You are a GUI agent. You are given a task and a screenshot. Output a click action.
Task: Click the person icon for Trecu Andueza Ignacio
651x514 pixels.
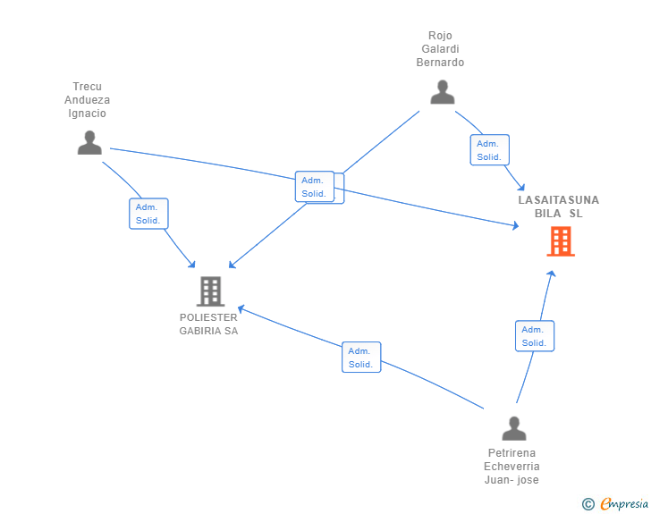coord(89,142)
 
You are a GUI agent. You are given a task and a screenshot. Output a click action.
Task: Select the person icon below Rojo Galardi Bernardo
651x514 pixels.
coord(443,92)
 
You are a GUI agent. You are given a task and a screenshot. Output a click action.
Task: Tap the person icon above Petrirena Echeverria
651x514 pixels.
coord(514,428)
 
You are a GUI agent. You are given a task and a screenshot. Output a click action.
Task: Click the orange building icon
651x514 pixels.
coord(561,241)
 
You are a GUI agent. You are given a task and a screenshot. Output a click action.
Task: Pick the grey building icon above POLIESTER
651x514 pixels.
coord(210,291)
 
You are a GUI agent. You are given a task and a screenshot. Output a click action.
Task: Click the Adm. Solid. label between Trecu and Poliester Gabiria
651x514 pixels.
coord(148,214)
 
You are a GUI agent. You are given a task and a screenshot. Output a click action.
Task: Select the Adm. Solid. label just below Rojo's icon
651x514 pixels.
coord(489,150)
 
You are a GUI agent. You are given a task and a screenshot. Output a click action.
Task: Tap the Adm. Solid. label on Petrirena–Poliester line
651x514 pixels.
coord(361,357)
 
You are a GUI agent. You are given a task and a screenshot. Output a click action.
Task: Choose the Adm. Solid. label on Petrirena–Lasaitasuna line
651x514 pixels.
coord(535,336)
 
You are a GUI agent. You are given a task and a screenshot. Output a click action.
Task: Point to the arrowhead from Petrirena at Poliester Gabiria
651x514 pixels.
coord(241,309)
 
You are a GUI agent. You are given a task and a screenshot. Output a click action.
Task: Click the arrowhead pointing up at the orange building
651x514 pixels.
coord(552,274)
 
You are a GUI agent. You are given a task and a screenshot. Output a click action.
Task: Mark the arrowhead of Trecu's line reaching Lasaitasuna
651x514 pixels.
coord(516,225)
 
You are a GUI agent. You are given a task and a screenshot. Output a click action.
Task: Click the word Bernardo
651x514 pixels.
coord(440,63)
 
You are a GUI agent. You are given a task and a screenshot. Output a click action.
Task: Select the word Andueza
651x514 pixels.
coord(88,100)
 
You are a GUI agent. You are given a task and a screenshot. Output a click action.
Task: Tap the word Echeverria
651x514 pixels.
coord(511,467)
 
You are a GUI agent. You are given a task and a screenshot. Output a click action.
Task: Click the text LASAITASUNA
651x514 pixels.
coord(558,200)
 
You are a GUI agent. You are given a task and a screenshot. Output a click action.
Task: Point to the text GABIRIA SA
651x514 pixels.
coord(208,331)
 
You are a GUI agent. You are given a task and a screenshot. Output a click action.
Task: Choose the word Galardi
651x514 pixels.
coord(440,49)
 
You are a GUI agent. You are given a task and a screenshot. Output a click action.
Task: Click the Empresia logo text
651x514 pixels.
coord(624,504)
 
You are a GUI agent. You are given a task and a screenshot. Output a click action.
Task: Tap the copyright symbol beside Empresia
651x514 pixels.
coord(588,504)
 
